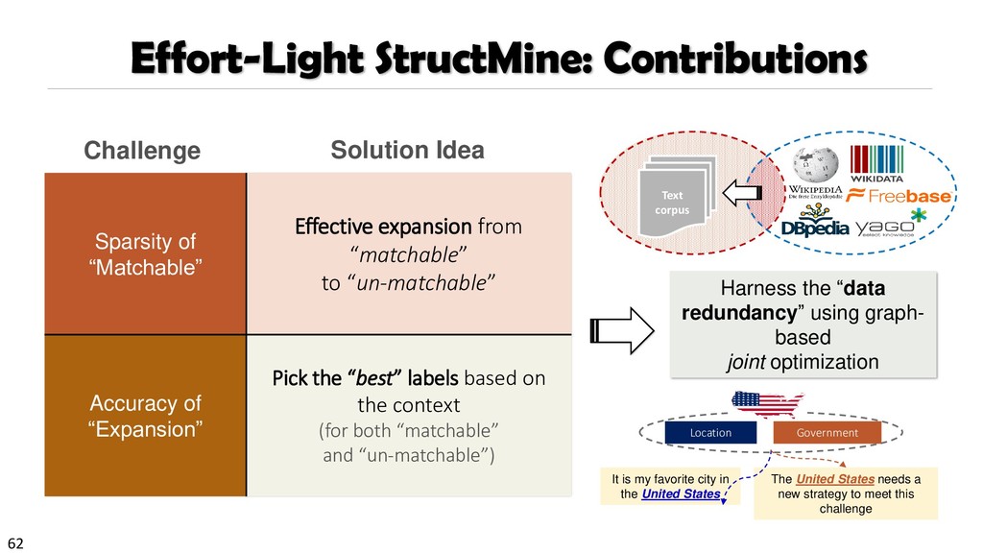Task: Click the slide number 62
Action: click(x=14, y=543)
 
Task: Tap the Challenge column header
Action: click(x=142, y=151)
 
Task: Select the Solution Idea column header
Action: click(x=407, y=150)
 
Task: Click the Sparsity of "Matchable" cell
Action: click(x=145, y=253)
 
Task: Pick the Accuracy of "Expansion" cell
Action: click(x=145, y=416)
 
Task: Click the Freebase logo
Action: click(x=899, y=196)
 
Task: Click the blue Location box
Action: click(x=710, y=433)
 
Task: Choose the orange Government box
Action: click(x=827, y=433)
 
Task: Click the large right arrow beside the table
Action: click(x=621, y=332)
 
